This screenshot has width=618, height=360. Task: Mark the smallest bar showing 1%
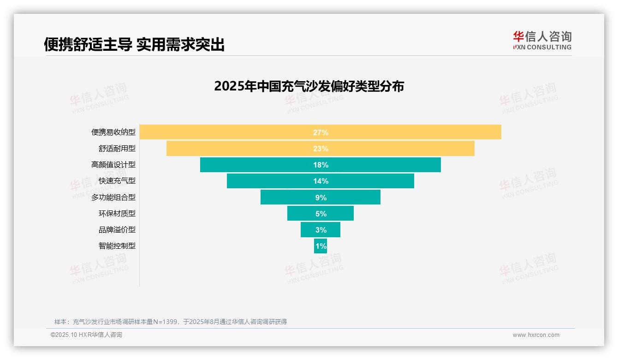pos(321,246)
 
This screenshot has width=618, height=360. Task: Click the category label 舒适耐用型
pos(117,149)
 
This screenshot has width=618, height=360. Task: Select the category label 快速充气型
pos(117,181)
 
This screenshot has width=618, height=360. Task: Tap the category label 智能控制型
pos(117,246)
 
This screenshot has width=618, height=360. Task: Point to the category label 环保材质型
pos(117,214)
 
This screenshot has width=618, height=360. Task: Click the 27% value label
pos(321,132)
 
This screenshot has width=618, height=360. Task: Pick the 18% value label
pos(321,165)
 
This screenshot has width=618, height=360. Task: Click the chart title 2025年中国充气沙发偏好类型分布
pos(309,86)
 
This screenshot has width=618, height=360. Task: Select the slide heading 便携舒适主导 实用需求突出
pos(134,45)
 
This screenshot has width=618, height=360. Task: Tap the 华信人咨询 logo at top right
pos(542,40)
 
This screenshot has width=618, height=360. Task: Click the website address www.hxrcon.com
pos(536,335)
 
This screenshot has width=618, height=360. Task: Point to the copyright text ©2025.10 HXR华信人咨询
pos(86,335)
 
